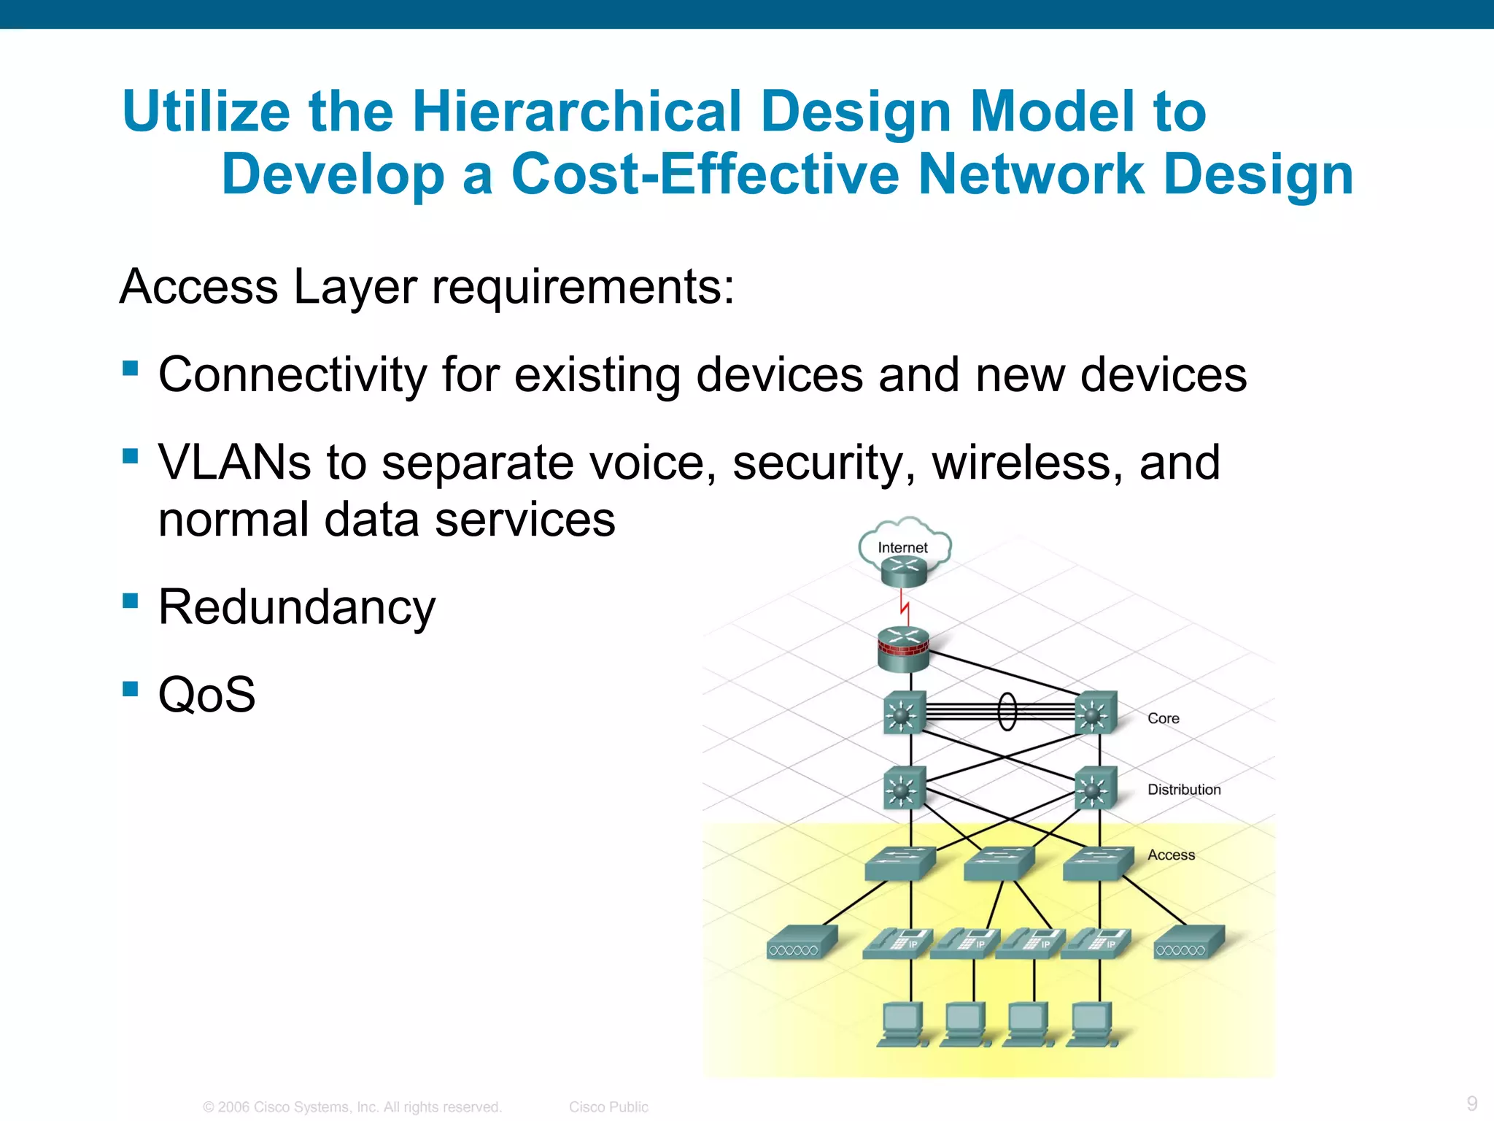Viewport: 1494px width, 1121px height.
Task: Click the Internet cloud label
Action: [902, 547]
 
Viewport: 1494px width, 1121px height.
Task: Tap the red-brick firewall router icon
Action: [903, 649]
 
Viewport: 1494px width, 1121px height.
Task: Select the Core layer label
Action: [1163, 718]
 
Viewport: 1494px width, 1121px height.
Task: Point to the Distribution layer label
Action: [1183, 790]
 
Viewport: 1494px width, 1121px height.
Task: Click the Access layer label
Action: [1171, 855]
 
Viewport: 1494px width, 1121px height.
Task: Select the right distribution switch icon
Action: [1095, 788]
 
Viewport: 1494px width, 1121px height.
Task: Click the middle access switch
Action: [999, 863]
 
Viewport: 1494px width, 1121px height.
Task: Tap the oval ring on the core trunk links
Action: [1007, 711]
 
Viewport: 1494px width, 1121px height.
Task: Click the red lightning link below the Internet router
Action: [905, 606]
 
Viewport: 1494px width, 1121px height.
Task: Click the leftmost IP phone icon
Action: [897, 942]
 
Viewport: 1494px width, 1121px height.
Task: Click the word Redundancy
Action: [296, 607]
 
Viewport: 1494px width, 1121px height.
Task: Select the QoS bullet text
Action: [206, 694]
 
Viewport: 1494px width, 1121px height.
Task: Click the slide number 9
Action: [1471, 1103]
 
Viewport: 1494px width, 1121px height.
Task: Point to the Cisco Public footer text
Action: [608, 1106]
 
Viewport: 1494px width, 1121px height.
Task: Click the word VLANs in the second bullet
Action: [234, 463]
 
